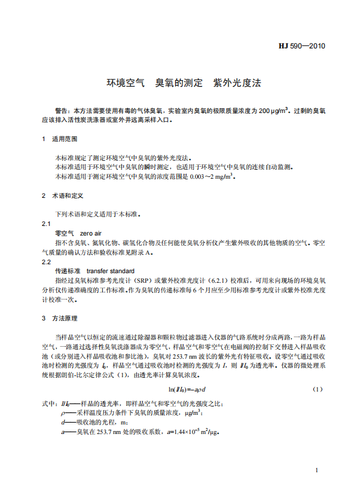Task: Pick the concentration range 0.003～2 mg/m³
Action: point(211,176)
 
